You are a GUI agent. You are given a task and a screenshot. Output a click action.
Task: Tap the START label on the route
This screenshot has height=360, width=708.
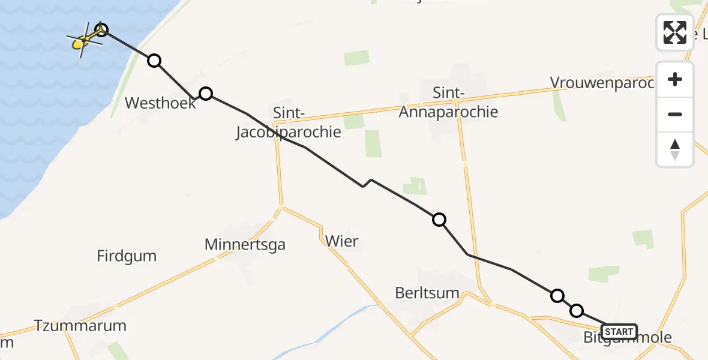619,332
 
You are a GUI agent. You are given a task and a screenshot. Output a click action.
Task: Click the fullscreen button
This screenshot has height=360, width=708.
675,32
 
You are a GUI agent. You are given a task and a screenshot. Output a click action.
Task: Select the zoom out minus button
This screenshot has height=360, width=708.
675,114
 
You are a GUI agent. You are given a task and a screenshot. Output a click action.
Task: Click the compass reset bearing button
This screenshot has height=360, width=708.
675,149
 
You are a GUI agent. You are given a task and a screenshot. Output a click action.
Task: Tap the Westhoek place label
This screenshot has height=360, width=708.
160,103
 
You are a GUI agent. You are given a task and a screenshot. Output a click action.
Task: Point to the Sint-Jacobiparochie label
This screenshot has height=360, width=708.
289,122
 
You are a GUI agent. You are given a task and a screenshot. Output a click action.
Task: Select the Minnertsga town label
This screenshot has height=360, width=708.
245,245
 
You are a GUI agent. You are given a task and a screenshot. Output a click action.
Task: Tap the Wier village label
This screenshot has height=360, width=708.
341,242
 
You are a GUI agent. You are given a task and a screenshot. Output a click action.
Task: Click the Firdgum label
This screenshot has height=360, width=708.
127,256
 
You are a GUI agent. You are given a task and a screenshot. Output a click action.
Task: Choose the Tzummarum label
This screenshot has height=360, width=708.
80,326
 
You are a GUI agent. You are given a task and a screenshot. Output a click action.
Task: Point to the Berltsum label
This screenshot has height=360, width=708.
427,293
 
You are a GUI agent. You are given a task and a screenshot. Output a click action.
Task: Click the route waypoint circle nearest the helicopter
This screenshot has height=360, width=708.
101,29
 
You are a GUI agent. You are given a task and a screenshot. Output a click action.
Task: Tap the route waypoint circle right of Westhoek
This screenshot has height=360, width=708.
206,93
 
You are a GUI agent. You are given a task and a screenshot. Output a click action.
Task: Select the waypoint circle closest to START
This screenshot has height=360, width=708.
576,310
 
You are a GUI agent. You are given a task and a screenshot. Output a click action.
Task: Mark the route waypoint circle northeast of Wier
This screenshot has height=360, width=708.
439,220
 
